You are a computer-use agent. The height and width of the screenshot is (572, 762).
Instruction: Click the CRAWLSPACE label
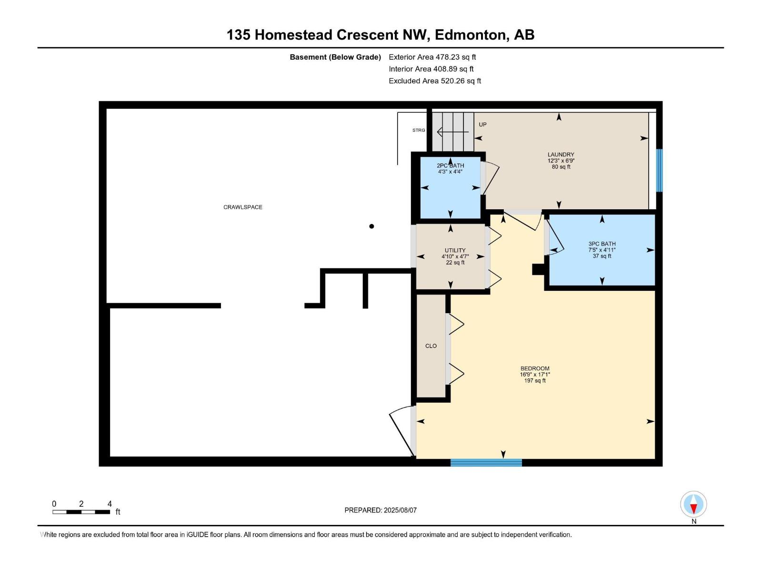point(243,207)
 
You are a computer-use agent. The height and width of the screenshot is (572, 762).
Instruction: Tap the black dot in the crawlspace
point(371,226)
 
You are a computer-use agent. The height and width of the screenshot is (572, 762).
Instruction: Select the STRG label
point(419,130)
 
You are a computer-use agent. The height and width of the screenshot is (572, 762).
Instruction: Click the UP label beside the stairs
point(482,124)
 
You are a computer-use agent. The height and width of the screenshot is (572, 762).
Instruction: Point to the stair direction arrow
point(453,132)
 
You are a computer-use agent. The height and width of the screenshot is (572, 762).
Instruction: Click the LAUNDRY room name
point(561,154)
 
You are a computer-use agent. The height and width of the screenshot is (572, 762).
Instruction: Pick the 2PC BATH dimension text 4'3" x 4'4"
point(450,172)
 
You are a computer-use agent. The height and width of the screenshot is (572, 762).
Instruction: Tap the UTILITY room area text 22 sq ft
point(455,263)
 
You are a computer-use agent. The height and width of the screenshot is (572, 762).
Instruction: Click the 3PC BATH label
point(602,244)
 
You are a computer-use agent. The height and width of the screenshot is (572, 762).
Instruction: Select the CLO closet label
point(431,346)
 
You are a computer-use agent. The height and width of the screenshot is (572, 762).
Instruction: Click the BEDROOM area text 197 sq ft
point(535,381)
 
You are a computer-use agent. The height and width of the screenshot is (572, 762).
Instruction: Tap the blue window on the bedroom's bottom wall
point(486,462)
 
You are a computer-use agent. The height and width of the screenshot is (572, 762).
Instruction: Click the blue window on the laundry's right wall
point(659,170)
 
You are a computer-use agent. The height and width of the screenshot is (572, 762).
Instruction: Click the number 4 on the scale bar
point(110,503)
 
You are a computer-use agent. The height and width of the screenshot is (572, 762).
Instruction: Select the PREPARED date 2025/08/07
point(400,510)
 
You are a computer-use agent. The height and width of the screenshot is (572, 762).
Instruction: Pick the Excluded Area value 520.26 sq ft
point(461,81)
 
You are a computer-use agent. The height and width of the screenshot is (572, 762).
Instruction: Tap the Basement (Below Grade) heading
point(335,57)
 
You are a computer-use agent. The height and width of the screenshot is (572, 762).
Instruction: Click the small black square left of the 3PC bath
point(538,269)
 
